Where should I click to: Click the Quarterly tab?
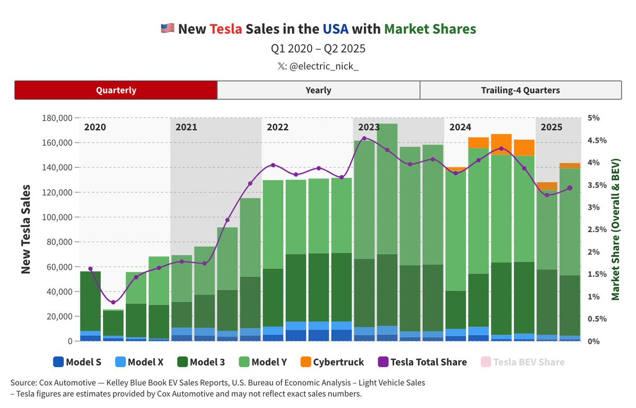(x=116, y=90)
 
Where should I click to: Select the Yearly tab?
(x=318, y=90)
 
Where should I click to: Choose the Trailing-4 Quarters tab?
(x=520, y=90)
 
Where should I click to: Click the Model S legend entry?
(x=77, y=362)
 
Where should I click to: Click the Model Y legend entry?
(x=262, y=362)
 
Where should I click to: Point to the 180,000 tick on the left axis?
(x=57, y=118)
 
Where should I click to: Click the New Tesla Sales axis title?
(x=25, y=229)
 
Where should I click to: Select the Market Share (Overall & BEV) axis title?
(x=616, y=229)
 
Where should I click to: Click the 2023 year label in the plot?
(x=369, y=127)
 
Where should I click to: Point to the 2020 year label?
(x=95, y=127)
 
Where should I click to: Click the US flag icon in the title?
(x=167, y=29)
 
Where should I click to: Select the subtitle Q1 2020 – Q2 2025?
(x=318, y=49)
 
